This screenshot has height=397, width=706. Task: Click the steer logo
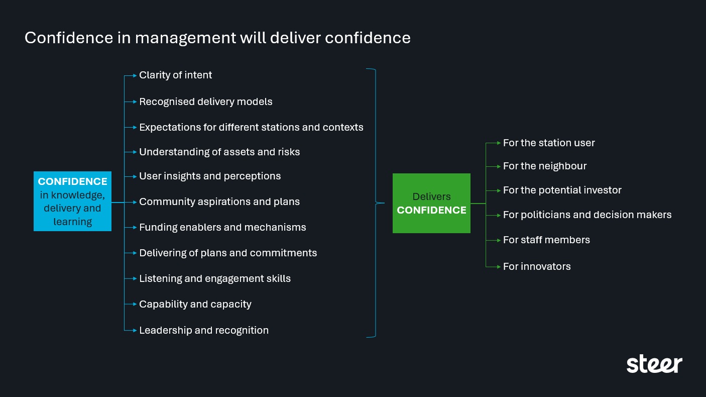[654, 364]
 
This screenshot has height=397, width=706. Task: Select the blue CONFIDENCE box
[72, 202]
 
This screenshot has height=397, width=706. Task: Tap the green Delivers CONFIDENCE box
[431, 204]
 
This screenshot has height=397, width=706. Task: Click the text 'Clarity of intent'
[175, 75]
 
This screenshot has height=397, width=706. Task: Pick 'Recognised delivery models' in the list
[205, 102]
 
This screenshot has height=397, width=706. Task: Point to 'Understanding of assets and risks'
[219, 152]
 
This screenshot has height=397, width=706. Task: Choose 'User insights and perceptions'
[210, 176]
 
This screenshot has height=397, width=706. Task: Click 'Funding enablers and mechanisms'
[222, 228]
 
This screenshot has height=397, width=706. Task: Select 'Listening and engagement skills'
[215, 279]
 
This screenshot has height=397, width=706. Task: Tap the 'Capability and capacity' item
[195, 305]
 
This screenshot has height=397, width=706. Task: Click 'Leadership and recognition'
[203, 331]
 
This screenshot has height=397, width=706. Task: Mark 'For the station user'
[549, 143]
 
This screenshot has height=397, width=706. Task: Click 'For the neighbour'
[545, 166]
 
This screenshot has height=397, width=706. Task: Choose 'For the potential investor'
[562, 190]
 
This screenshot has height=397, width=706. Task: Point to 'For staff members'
[546, 240]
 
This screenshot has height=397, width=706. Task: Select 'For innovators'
[537, 267]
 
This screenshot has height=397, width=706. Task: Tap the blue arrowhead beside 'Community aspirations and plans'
[135, 202]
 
